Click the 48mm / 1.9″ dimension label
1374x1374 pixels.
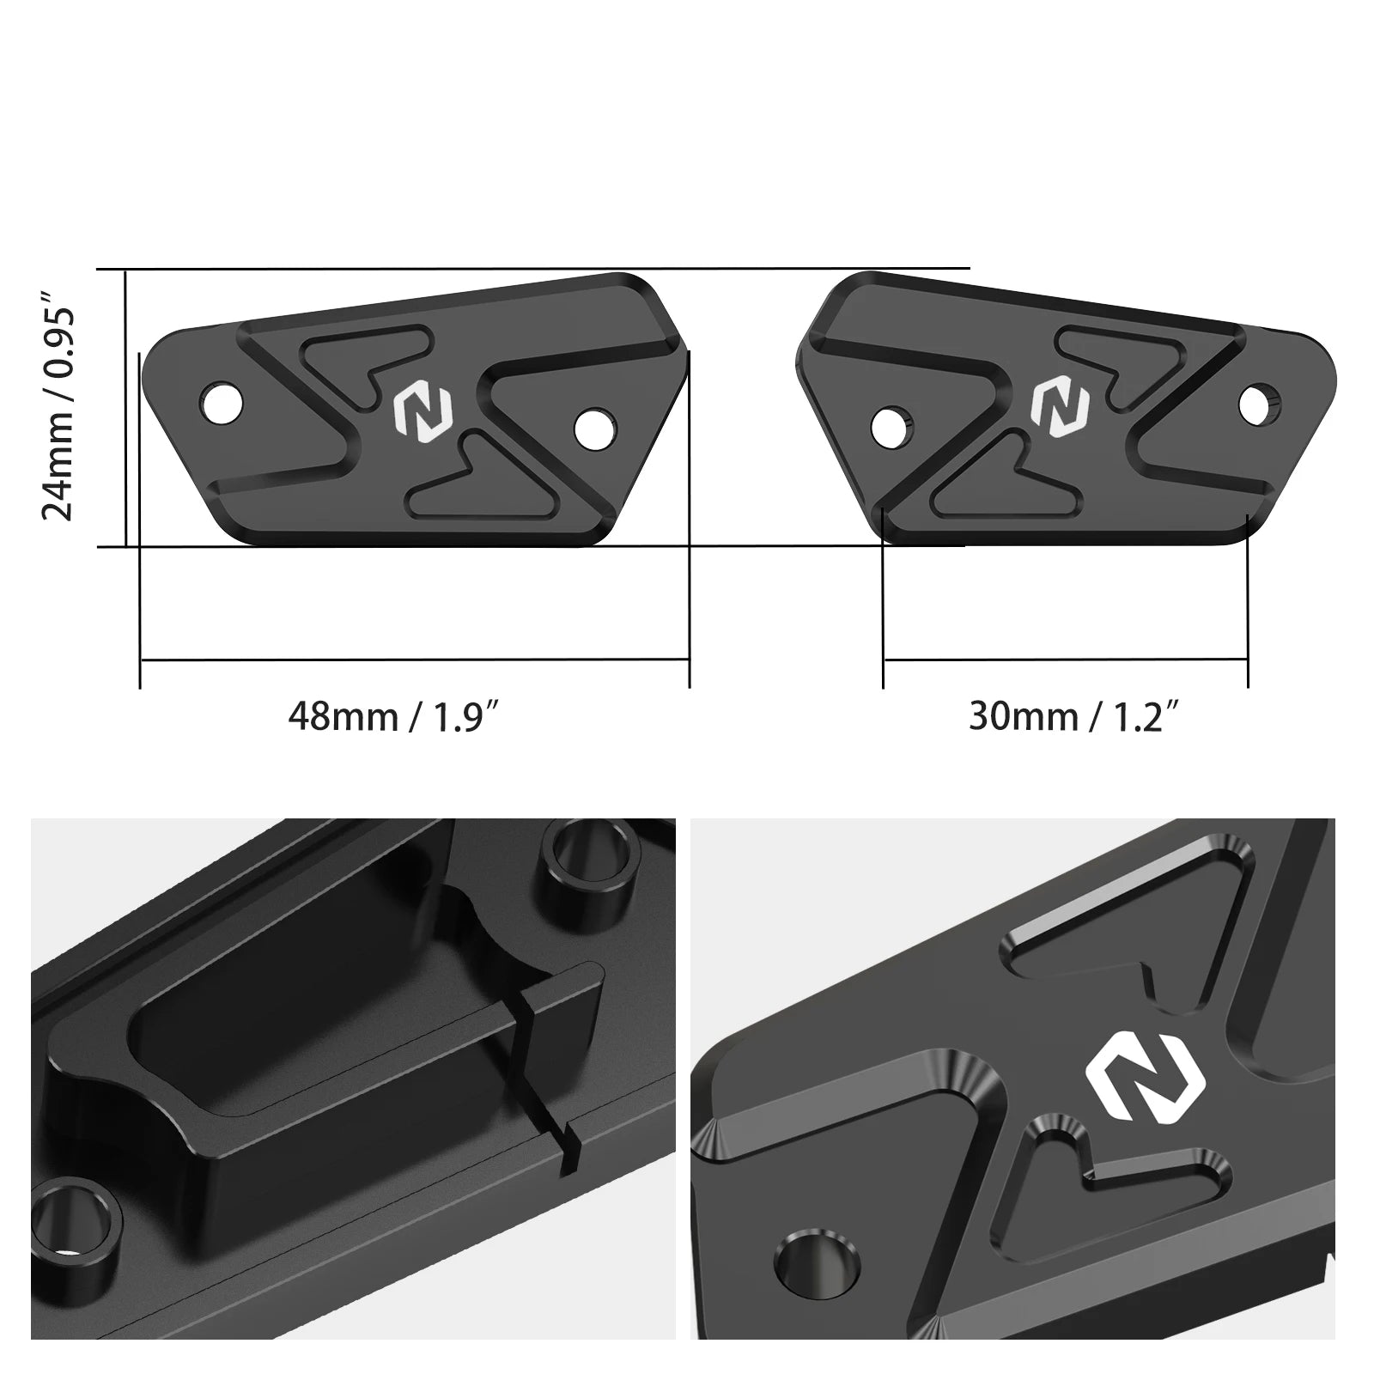(392, 714)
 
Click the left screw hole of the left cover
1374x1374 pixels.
(222, 400)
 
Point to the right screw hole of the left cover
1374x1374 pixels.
(595, 429)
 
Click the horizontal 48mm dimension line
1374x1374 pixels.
(414, 660)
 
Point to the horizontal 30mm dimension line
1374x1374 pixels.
(1065, 660)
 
